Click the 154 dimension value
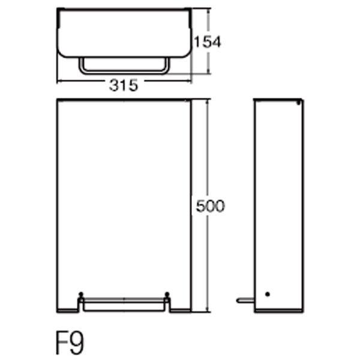(x=208, y=42)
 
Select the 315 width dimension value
(x=124, y=85)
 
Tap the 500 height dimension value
(x=210, y=206)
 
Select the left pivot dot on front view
(x=80, y=294)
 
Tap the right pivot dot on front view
(x=167, y=294)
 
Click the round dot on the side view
(x=267, y=294)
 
